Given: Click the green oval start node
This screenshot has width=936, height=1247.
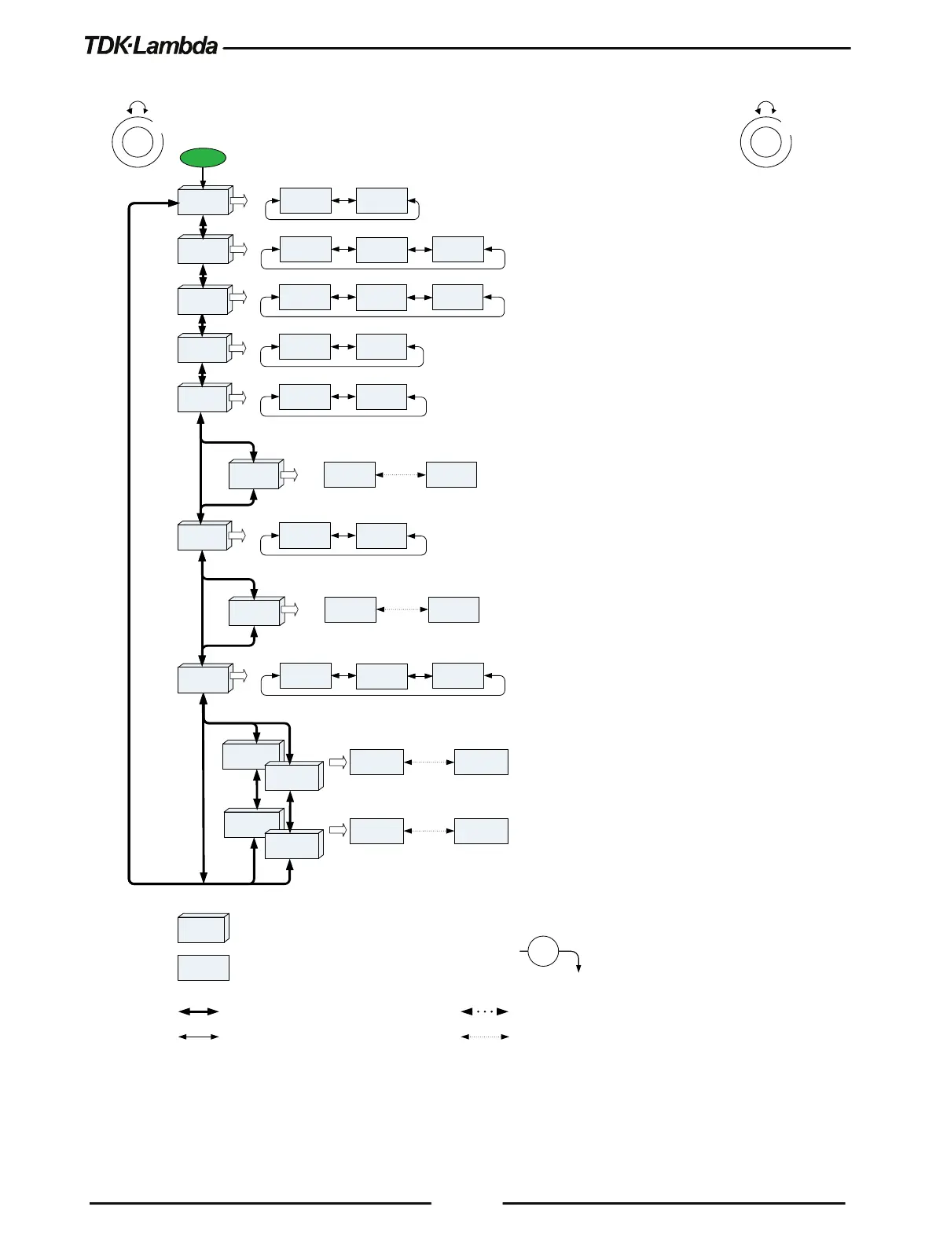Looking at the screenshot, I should pos(203,157).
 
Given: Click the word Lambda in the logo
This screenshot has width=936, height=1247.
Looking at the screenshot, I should pos(176,46).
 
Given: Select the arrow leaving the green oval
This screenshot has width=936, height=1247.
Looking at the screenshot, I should pos(203,177).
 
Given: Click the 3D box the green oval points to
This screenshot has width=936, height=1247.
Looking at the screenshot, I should pos(204,201).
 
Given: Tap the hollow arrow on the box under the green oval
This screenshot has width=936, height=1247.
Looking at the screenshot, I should pos(239,201).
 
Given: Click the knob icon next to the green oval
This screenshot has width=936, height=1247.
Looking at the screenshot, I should pos(138,141).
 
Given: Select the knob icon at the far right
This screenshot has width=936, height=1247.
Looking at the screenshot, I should pos(766,141).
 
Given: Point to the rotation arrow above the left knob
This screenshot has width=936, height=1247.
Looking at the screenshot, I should pos(138,107).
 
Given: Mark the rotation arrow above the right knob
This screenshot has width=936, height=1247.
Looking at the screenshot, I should pos(766,107).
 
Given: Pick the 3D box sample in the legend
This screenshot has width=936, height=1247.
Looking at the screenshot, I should pos(203,929).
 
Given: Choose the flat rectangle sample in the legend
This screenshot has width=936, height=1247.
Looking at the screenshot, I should pos(203,967).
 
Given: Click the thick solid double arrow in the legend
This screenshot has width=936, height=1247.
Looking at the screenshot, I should pos(199,1011).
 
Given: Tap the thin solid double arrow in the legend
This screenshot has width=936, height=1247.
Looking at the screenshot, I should pos(199,1037).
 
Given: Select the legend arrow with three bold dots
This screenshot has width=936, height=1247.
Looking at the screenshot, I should pos(485,1011).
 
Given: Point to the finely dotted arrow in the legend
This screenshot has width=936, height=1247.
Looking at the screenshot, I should pos(485,1037).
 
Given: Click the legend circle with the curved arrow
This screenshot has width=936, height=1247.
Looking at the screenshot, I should pos(542,951).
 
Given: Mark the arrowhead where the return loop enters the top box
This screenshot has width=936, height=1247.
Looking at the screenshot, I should pos(174,203).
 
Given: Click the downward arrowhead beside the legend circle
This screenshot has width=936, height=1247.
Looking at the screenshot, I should pos(579,970).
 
